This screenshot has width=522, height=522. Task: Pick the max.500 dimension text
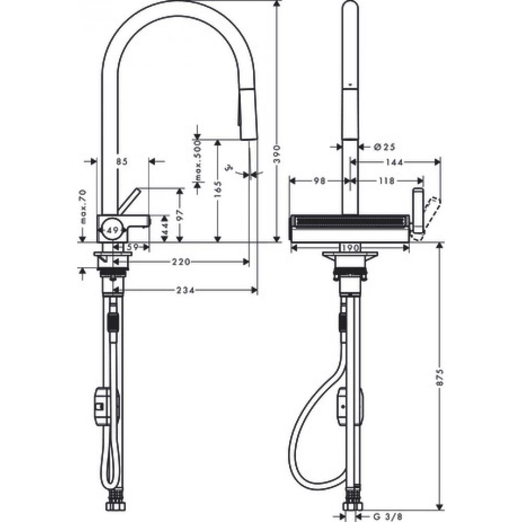click(x=198, y=162)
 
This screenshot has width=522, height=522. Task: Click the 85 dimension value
click(x=122, y=162)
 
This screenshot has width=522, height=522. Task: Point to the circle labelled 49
click(x=111, y=229)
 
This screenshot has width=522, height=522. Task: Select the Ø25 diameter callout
click(x=383, y=147)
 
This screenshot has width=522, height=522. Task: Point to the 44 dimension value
click(x=164, y=229)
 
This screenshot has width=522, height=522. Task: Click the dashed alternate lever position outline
click(x=427, y=218)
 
